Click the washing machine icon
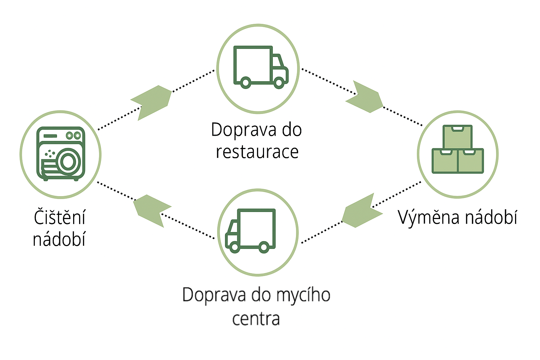(x=60, y=154)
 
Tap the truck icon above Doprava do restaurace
(x=261, y=67)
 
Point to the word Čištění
(x=59, y=217)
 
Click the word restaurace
(x=257, y=152)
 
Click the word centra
(x=256, y=319)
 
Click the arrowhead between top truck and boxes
(x=366, y=98)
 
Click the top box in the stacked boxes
(x=457, y=137)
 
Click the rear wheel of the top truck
(x=246, y=83)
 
